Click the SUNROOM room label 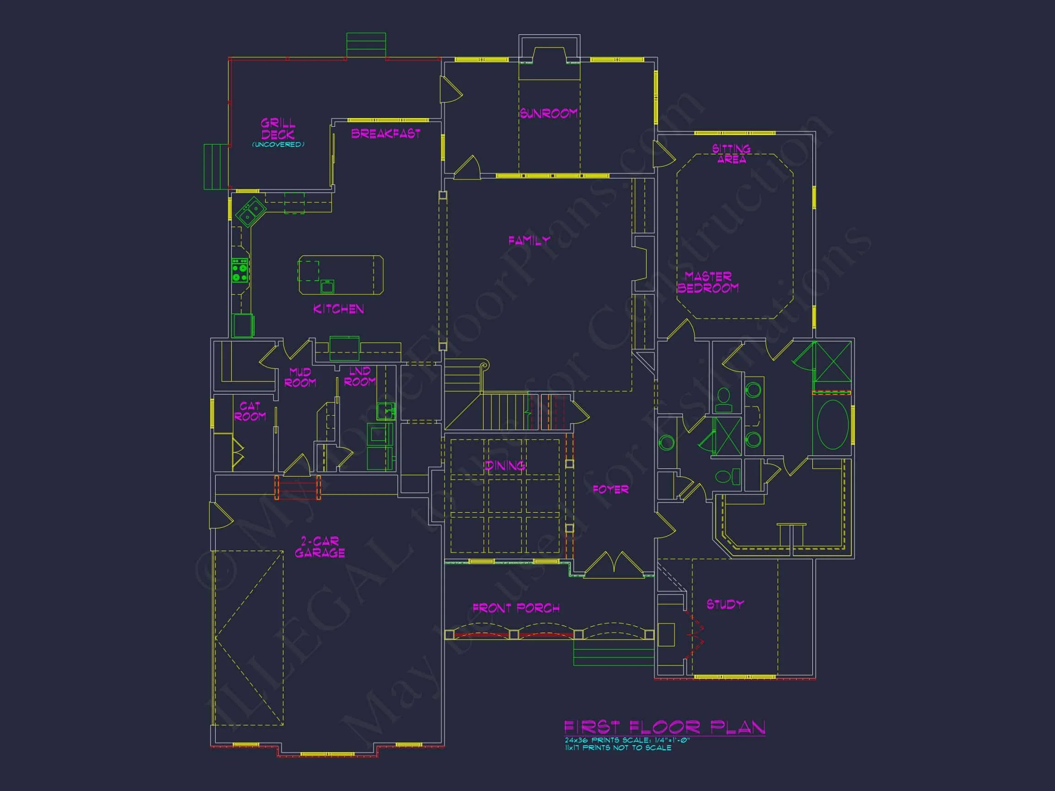tap(549, 114)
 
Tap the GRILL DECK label tap(277, 129)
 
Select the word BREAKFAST tap(386, 134)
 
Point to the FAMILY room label tap(529, 241)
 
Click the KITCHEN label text tap(338, 309)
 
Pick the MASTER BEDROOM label tap(708, 282)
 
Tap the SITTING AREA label tap(731, 154)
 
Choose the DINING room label tap(505, 466)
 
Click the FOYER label tap(610, 490)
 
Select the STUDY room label tap(725, 605)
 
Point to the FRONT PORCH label tap(516, 608)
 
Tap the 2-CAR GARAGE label tap(320, 547)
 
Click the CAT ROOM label tap(250, 411)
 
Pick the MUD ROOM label tap(300, 377)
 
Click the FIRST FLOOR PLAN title tap(665, 727)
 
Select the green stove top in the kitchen tap(240, 271)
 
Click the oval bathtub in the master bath tap(833, 425)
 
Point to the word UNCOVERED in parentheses tap(278, 145)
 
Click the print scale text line tap(627, 740)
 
